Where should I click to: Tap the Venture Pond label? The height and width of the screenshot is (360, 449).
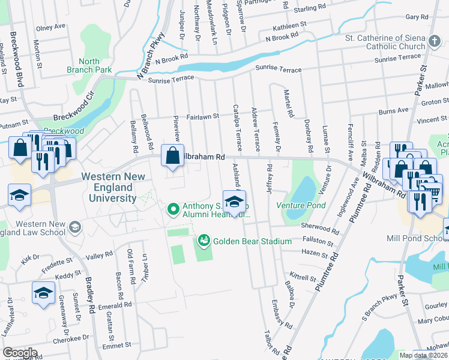[301, 205]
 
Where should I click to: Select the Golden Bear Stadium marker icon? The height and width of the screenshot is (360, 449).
[204, 241]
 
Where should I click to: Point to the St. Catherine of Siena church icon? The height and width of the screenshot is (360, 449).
[434, 41]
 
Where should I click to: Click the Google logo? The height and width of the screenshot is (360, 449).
[20, 353]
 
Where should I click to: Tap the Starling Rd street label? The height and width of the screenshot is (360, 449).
[310, 9]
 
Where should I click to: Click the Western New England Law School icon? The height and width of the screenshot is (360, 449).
[75, 226]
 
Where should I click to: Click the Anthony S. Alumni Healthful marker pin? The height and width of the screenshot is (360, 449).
[173, 209]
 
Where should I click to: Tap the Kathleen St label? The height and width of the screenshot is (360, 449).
[290, 26]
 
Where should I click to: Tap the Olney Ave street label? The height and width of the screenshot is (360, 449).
[50, 27]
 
